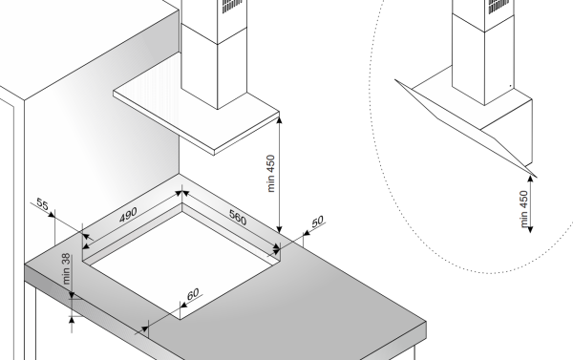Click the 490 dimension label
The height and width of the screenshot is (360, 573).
[x=128, y=215]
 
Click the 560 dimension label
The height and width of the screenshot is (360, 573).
[x=238, y=217]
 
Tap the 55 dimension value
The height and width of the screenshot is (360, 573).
[x=42, y=204]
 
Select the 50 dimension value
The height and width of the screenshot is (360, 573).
[x=318, y=222]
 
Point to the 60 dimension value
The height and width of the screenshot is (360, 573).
[x=193, y=293]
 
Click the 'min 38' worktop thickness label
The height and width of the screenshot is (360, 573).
[x=66, y=269]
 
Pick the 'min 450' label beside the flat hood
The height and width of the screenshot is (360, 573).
[x=271, y=174]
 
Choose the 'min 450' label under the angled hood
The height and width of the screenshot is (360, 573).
[x=523, y=209]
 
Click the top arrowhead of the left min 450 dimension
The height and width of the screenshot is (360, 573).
[x=280, y=118]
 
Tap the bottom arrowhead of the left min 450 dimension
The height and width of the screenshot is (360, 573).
[x=280, y=229]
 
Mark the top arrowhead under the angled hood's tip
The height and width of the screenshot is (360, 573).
[x=531, y=180]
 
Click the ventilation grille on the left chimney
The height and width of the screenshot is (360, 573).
[x=232, y=5]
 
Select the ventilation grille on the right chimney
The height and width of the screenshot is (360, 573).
[x=499, y=6]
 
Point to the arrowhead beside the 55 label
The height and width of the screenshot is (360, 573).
[x=52, y=214]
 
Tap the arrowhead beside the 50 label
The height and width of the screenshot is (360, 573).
[x=307, y=233]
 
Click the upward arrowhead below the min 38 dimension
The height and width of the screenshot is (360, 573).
[x=72, y=320]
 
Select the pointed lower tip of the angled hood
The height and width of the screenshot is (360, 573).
[x=536, y=177]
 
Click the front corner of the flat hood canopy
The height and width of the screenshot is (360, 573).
[x=214, y=151]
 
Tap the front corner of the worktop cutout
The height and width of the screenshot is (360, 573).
[x=180, y=319]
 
